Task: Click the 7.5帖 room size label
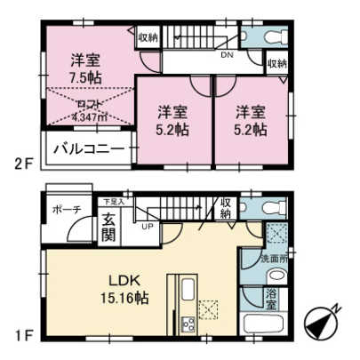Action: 85,77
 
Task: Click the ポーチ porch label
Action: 68,210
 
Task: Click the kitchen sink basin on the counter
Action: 189,292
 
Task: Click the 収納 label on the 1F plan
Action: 226,208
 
